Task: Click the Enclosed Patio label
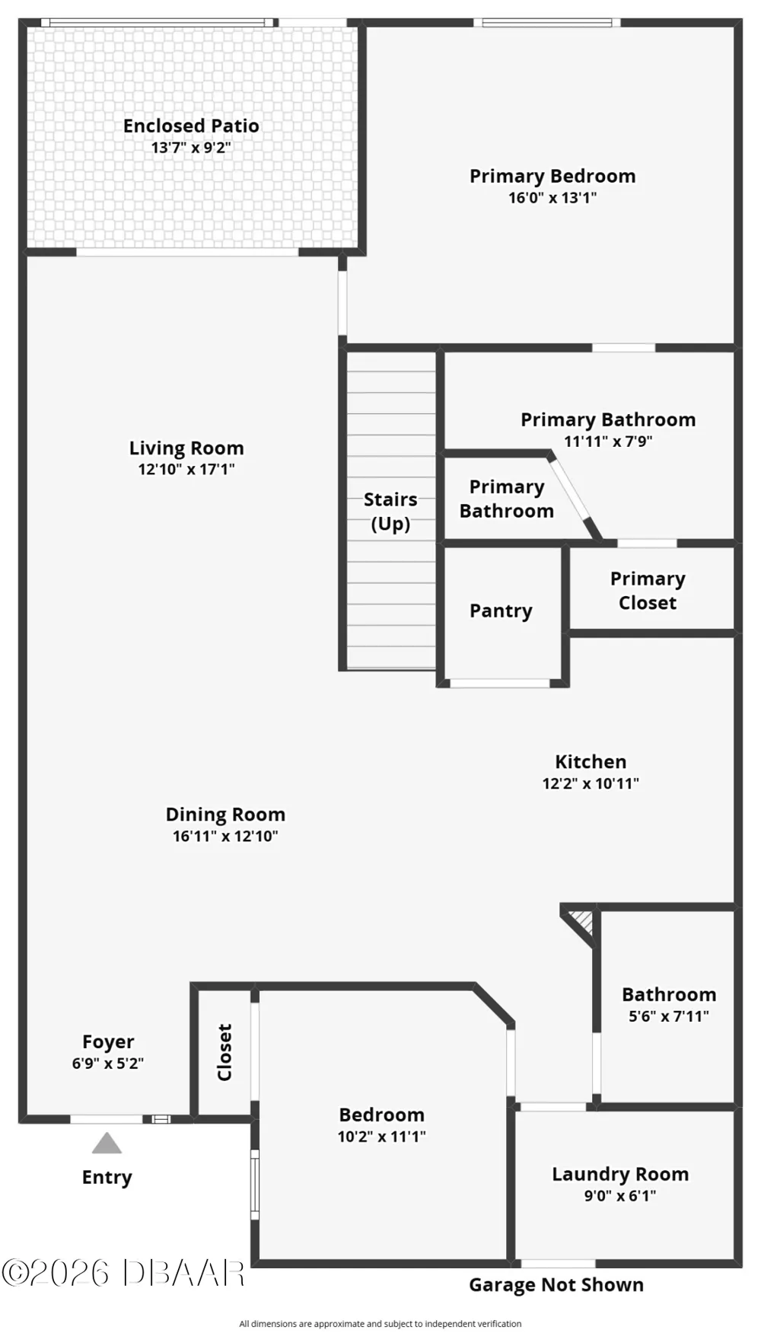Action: tap(191, 126)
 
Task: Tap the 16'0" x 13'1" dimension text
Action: tap(552, 198)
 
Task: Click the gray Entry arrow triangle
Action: tap(107, 1143)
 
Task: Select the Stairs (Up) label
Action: tap(390, 512)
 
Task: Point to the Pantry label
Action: tap(501, 611)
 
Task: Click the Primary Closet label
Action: tap(648, 591)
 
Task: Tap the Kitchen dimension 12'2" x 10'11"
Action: tap(591, 783)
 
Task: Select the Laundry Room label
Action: tap(620, 1175)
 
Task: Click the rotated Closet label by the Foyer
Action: tap(224, 1052)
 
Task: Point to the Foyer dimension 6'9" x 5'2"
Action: tap(108, 1064)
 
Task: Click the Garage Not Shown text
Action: tap(556, 1285)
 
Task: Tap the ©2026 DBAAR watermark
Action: tap(123, 1273)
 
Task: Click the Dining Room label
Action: tap(225, 815)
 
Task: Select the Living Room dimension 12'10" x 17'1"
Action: tap(186, 470)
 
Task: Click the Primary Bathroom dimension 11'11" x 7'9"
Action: tap(608, 442)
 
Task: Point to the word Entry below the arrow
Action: tap(107, 1178)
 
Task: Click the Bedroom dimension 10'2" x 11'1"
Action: tap(382, 1137)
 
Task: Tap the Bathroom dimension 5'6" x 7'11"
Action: tap(669, 1016)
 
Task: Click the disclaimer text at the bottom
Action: tap(380, 1324)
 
